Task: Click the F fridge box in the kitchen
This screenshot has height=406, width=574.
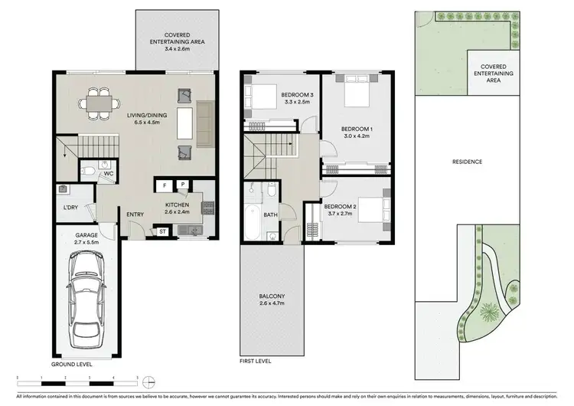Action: tap(164, 185)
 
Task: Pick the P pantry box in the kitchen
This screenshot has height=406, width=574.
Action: tap(184, 185)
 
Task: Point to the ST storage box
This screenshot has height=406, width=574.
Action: tap(163, 231)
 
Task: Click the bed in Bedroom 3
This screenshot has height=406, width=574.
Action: tap(259, 97)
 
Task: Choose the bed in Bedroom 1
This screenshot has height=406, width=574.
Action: tap(353, 94)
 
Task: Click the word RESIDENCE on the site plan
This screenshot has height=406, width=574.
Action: tap(466, 162)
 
